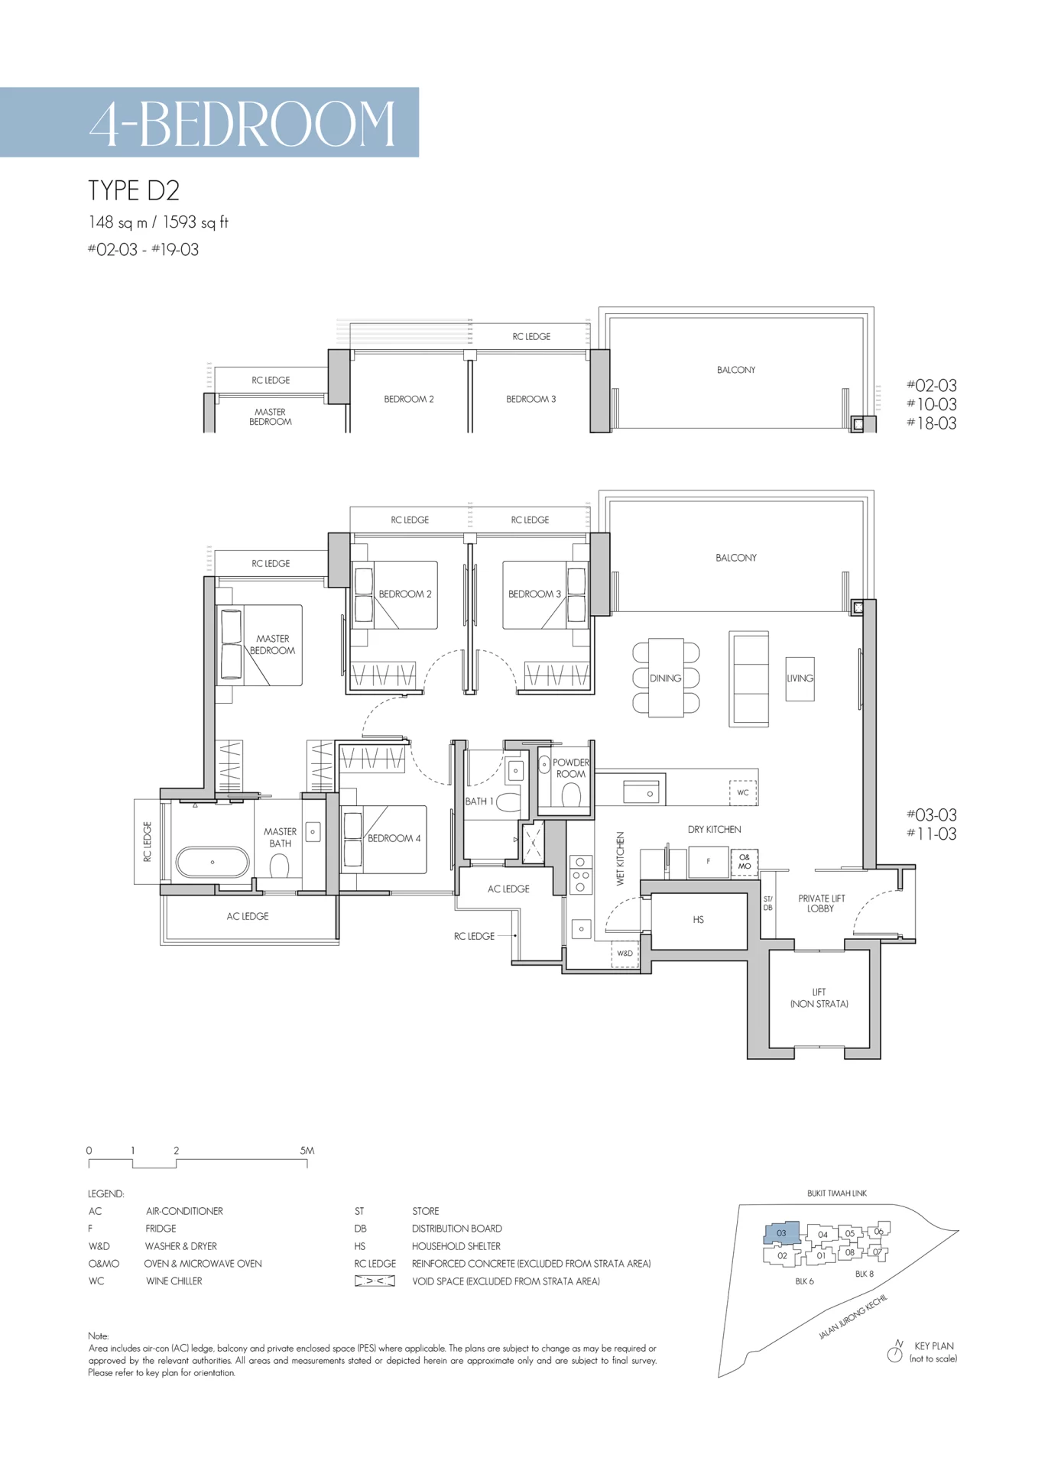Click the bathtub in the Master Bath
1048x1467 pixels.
coord(213,862)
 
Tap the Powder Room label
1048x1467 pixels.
coord(571,768)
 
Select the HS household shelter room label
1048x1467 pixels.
coord(698,920)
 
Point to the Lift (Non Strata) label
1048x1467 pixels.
coord(819,998)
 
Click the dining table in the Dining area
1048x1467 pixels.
coord(666,678)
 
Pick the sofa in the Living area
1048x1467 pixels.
coord(749,678)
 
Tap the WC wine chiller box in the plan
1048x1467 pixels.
coord(743,792)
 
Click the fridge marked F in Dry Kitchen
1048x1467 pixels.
coord(708,862)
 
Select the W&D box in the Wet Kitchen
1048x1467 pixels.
coord(625,954)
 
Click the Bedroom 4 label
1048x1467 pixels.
coord(394,838)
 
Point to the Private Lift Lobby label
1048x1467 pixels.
coord(821,904)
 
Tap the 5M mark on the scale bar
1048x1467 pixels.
coord(307,1151)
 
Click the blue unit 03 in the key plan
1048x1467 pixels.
coord(781,1232)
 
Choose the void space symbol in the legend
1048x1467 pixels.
coord(375,1281)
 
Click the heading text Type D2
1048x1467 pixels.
coord(134,190)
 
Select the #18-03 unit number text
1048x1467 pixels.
coord(932,423)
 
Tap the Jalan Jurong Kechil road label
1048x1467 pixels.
coord(853,1316)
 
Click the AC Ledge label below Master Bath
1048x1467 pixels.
coord(248,916)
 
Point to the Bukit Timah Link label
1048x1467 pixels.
coord(837,1193)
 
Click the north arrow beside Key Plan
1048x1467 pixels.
coord(895,1352)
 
